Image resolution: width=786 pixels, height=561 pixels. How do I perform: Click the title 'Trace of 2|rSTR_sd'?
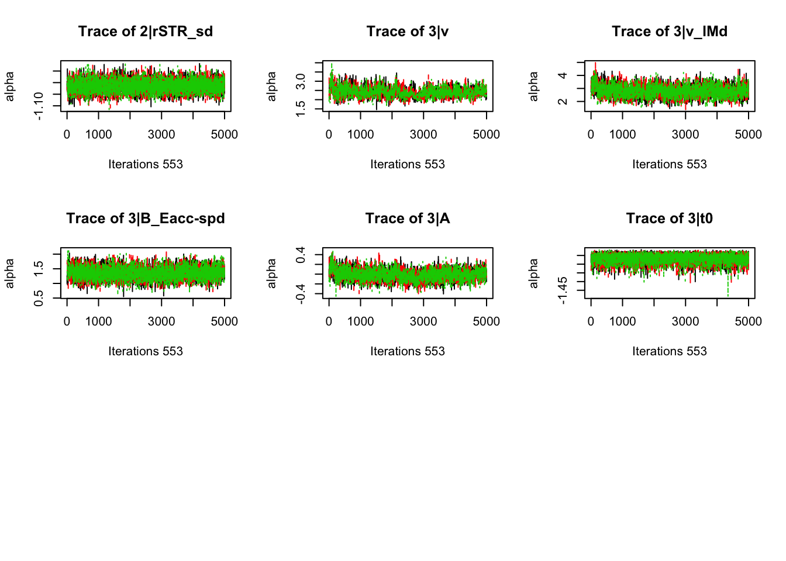pos(145,32)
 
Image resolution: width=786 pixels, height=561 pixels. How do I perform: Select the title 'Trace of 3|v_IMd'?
pos(670,32)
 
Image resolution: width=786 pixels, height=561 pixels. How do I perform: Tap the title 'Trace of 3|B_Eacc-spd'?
pos(145,219)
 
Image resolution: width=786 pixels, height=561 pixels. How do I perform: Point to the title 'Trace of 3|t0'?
pos(670,219)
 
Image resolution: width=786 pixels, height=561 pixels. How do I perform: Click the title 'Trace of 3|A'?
pos(408,219)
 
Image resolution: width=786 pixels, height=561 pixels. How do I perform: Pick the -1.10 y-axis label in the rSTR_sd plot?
pos(39,106)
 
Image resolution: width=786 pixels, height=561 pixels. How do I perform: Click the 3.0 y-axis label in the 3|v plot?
pos(301,81)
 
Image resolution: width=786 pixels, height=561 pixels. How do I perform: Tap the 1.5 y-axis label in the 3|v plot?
pos(301,108)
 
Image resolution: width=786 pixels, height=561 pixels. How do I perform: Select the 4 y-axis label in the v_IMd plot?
pos(563,75)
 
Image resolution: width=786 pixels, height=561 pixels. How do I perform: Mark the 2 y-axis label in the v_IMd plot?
pos(563,101)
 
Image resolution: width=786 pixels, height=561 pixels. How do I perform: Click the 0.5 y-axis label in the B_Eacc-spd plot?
pos(39,298)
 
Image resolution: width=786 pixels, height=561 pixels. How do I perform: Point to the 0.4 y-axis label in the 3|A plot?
pos(301,255)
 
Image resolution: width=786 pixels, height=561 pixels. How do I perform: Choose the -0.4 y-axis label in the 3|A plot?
pos(301,294)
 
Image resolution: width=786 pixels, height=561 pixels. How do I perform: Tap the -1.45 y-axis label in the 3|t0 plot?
pos(563,290)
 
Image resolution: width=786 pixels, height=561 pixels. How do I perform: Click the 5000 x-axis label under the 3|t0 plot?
pos(748,321)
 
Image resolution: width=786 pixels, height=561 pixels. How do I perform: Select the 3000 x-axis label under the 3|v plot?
pos(423,134)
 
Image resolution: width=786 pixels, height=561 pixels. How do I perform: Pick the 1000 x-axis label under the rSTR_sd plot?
pos(98,134)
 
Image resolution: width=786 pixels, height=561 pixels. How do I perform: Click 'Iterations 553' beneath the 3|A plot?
pos(408,351)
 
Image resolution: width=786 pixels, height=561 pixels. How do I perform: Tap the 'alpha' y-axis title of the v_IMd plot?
pos(533,86)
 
